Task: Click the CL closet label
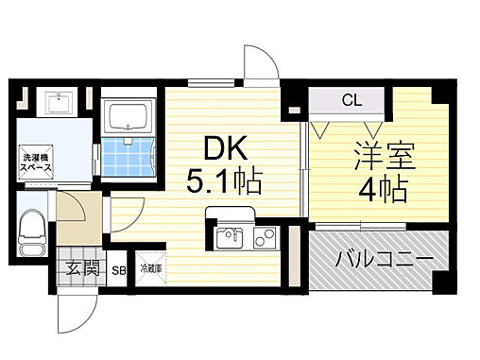point(348,98)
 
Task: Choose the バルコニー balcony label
point(371,256)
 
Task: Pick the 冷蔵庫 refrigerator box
point(151,267)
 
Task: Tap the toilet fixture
point(33,231)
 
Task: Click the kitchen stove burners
point(264,236)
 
